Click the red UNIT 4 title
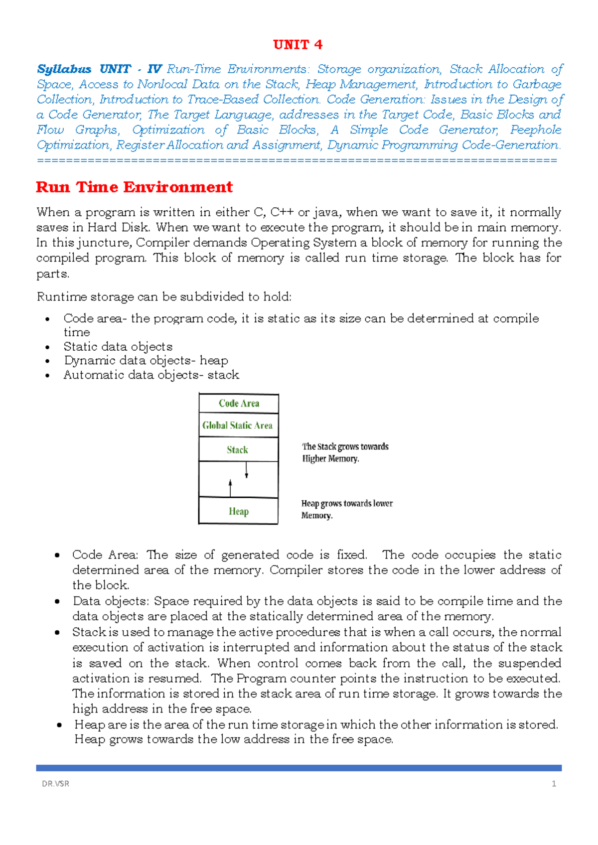[x=298, y=45]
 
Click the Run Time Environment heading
[x=135, y=187]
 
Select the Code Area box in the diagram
[x=239, y=404]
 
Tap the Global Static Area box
[x=238, y=425]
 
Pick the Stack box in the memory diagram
[x=238, y=450]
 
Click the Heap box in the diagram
[x=238, y=512]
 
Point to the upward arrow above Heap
[x=230, y=488]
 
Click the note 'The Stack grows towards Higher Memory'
[x=345, y=452]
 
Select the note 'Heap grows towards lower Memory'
[x=346, y=509]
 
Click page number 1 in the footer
[x=554, y=784]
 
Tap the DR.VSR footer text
[x=56, y=784]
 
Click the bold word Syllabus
[x=64, y=69]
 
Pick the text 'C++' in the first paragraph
[x=282, y=213]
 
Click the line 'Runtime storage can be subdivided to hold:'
[x=164, y=297]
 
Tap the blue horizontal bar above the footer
[x=299, y=768]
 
